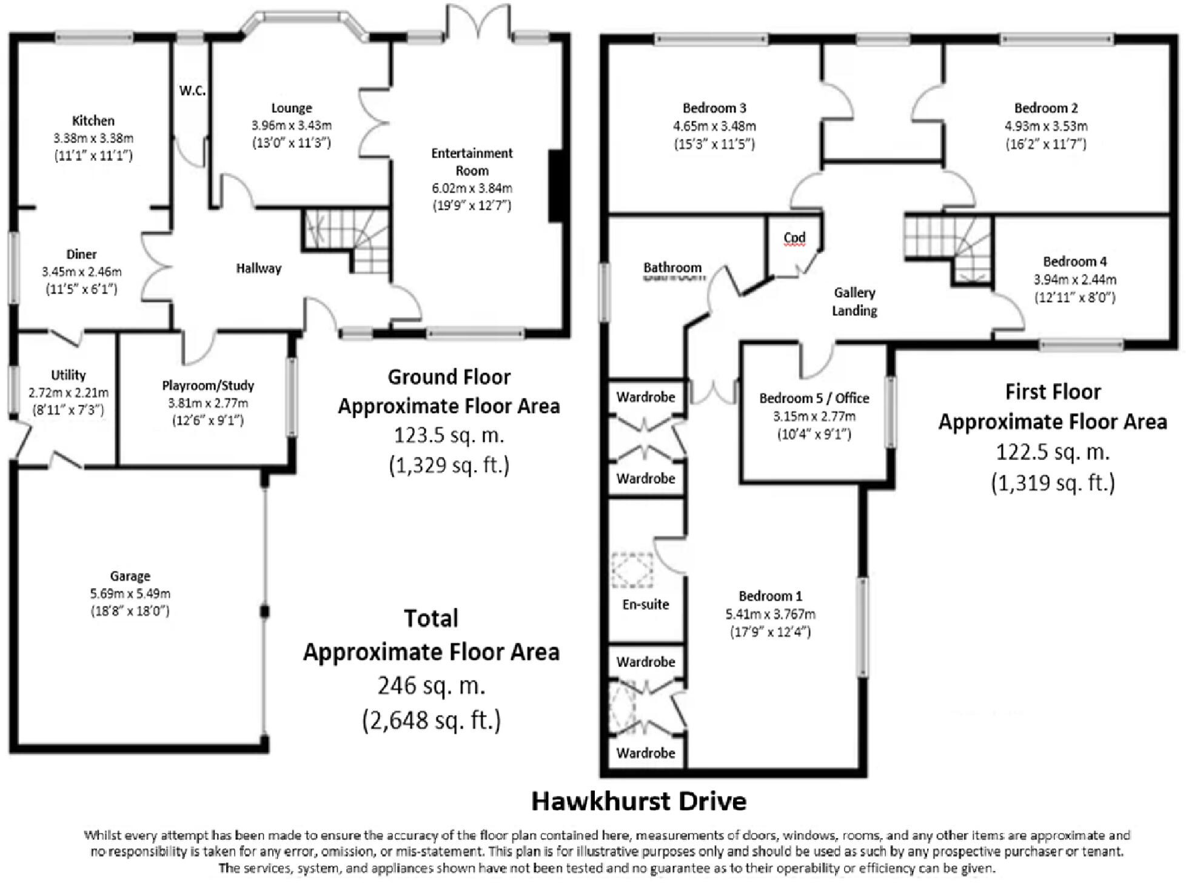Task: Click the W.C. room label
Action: [192, 91]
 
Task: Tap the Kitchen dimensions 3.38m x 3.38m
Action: [93, 138]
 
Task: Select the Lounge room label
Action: [292, 108]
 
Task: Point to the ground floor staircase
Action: [347, 238]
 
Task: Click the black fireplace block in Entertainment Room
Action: [556, 186]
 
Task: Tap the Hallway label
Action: [259, 268]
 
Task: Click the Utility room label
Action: [68, 375]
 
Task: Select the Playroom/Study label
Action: [208, 385]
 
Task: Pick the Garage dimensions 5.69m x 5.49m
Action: [130, 593]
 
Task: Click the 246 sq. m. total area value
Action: [431, 685]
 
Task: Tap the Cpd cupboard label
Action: [794, 237]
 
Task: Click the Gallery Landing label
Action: [854, 301]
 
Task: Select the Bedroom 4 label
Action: [1074, 261]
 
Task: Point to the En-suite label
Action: [646, 604]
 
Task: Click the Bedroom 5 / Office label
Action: [814, 398]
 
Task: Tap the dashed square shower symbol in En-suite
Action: [632, 569]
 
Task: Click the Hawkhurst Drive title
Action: [638, 801]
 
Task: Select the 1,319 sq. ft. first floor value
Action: [1053, 483]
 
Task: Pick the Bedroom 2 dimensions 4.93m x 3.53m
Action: [1046, 126]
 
